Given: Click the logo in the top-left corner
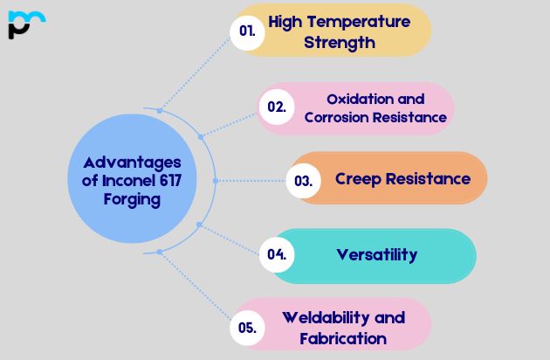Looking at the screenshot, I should coord(26,24).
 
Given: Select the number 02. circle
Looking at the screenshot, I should coord(277,107).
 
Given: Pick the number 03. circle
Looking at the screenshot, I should coord(304,181).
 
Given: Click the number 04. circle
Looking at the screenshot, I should coord(277,255).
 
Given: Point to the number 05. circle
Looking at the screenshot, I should coord(247,328).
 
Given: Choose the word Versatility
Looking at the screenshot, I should coord(377,255).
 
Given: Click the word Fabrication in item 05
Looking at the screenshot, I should coord(343,338).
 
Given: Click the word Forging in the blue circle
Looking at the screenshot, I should coord(129,199).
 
